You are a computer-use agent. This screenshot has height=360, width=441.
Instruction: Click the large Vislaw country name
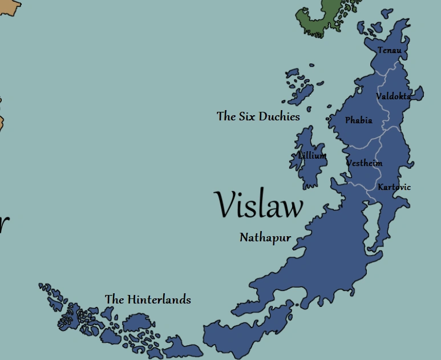258,205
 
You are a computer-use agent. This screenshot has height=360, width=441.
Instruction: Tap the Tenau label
390,50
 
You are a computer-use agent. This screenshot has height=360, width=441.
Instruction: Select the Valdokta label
393,96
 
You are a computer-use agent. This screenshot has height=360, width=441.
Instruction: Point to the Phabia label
359,120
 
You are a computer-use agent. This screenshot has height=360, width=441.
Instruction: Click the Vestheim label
365,163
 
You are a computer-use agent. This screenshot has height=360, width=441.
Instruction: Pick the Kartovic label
394,187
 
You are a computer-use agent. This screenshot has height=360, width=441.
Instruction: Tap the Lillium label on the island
312,156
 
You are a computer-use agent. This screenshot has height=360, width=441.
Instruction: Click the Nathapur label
265,237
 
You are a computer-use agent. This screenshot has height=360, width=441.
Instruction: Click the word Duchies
279,116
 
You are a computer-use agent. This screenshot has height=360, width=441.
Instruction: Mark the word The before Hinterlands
114,299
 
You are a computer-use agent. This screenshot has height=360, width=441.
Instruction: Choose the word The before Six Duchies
226,116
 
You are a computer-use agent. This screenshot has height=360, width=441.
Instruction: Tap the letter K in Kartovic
381,187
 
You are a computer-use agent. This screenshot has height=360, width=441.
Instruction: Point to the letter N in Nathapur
244,237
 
